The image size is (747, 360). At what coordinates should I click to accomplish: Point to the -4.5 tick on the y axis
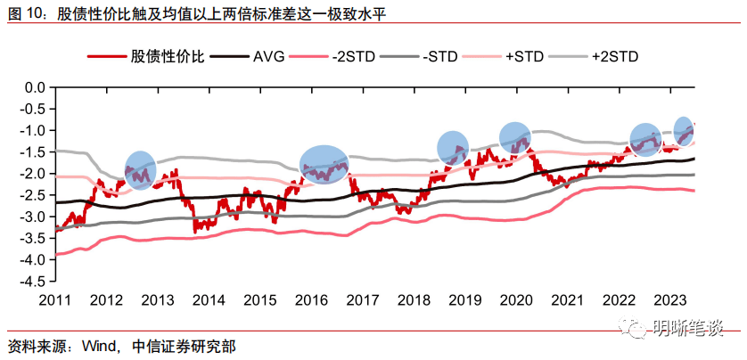33,282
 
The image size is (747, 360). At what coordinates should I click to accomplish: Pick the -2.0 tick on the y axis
33,174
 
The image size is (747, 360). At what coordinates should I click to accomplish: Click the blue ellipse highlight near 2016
324,164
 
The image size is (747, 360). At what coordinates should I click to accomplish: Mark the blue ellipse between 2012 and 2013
140,170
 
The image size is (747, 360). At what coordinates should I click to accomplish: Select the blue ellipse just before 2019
454,148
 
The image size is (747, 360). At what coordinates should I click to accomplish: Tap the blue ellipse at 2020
515,137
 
